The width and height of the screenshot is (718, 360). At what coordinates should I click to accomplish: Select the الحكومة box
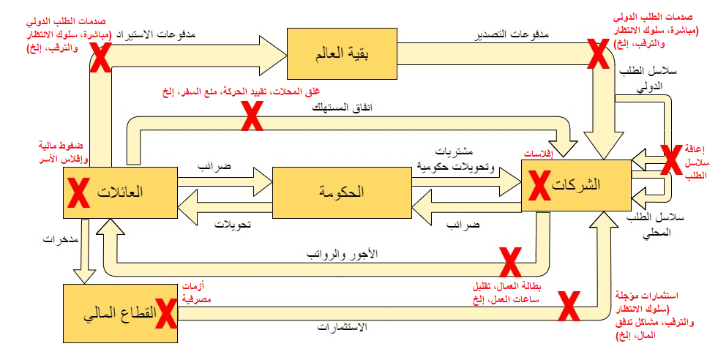click(341, 193)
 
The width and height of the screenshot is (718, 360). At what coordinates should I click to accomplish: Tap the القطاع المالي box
click(121, 313)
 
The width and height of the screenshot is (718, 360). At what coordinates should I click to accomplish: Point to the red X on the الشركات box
click(540, 185)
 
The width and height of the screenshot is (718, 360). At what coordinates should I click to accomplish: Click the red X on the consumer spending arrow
click(253, 116)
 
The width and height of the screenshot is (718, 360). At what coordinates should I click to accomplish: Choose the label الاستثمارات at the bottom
click(342, 328)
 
